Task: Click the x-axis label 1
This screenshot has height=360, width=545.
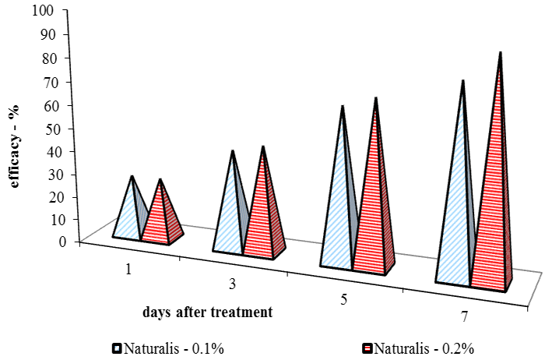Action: click(125, 270)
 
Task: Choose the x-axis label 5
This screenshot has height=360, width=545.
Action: click(344, 298)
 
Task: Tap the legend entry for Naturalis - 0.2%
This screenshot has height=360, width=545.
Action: click(419, 348)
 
